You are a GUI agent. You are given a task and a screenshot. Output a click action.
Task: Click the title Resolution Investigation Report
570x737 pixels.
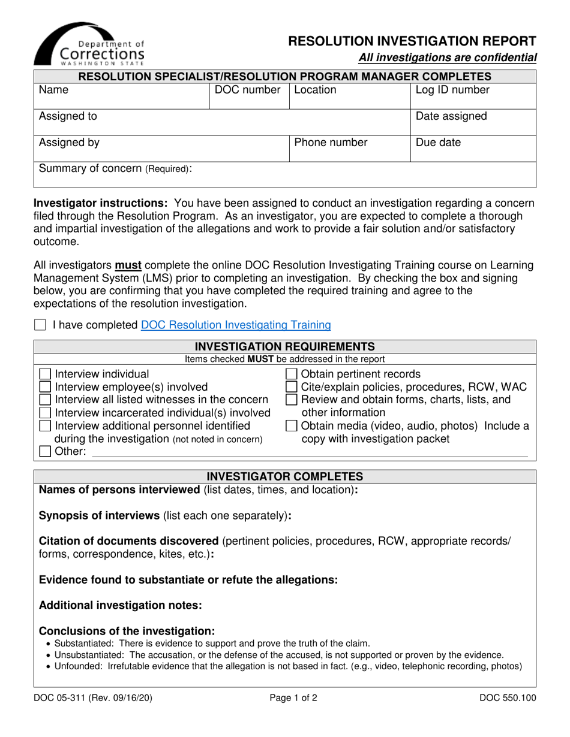(x=412, y=41)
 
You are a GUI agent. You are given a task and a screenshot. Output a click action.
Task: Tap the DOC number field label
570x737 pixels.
(x=248, y=90)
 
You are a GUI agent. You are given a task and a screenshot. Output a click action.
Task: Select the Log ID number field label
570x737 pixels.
(x=444, y=90)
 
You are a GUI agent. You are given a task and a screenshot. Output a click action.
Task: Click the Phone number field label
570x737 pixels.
(x=331, y=143)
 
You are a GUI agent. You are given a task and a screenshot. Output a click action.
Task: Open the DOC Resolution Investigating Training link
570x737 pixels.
(x=236, y=325)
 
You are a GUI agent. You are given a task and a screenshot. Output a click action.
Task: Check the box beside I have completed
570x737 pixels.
(x=40, y=325)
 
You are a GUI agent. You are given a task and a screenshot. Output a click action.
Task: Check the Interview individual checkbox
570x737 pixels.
(x=46, y=374)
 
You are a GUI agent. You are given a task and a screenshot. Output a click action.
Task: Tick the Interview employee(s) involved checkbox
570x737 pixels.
(x=46, y=387)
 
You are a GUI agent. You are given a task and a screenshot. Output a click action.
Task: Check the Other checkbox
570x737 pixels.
(x=46, y=452)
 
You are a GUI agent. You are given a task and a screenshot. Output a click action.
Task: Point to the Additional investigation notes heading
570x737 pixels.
(x=120, y=605)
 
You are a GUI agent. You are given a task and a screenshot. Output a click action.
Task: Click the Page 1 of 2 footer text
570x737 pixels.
(x=284, y=697)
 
